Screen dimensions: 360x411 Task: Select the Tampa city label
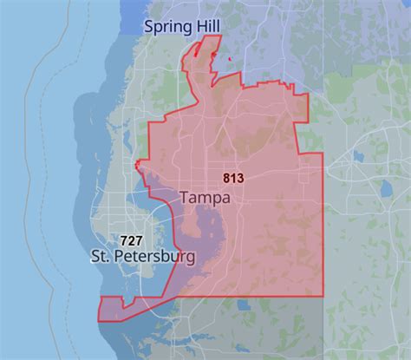point(205,198)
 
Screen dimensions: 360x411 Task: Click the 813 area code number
point(233,179)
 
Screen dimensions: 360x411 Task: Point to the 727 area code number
point(131,239)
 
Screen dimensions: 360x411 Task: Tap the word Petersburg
point(156,257)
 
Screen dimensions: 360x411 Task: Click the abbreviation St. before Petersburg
point(102,257)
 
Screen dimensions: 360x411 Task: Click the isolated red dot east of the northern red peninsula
point(229,59)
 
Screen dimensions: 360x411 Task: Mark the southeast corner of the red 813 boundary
point(323,296)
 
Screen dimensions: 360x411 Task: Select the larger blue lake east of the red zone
point(358,159)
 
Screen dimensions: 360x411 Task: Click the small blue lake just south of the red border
point(243,306)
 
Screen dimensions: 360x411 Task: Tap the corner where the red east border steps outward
point(308,154)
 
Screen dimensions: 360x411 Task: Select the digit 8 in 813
point(226,179)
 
